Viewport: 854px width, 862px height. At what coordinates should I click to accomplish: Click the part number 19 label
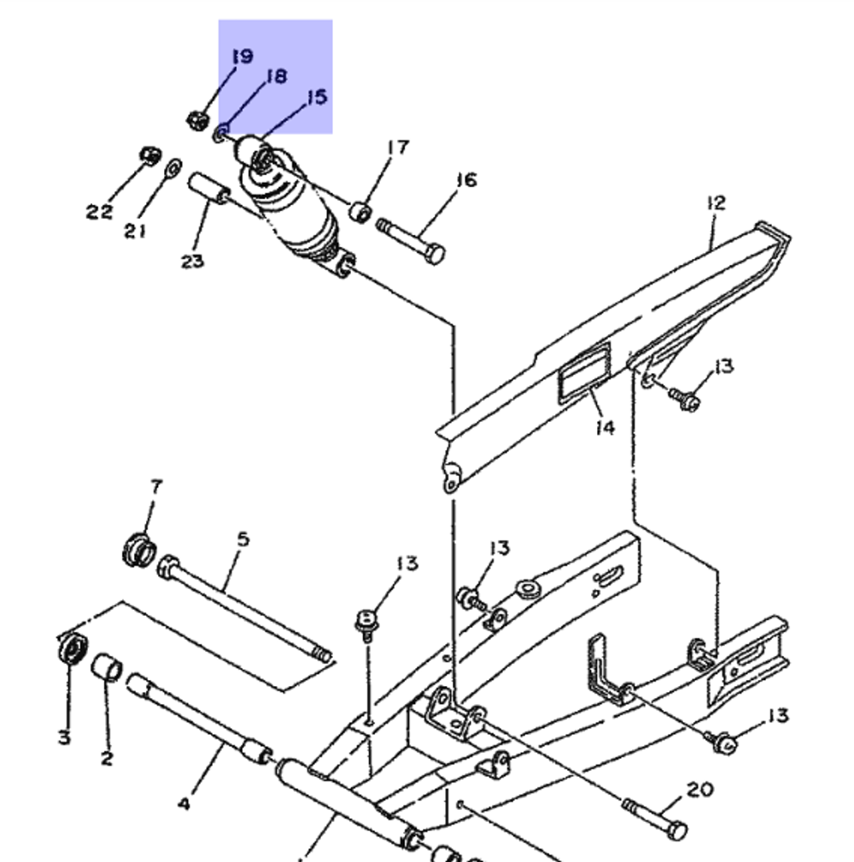tap(243, 56)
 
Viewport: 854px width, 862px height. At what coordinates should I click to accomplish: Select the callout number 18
tap(277, 76)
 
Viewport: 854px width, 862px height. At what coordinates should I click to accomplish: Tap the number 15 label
tap(317, 97)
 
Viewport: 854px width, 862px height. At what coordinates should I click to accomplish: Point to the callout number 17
tap(399, 147)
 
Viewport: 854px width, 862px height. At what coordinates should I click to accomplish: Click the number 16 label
tap(466, 179)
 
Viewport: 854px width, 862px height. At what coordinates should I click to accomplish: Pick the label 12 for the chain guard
tap(716, 202)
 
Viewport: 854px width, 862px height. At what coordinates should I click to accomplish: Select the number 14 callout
tap(605, 427)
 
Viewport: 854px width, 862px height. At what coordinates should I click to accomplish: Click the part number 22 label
tap(99, 211)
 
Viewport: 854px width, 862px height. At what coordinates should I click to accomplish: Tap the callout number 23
tap(192, 261)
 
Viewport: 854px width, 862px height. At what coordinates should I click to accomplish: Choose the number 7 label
tap(156, 487)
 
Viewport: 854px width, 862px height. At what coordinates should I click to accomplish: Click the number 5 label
tap(243, 539)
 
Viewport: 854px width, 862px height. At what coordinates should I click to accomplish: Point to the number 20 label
tap(700, 789)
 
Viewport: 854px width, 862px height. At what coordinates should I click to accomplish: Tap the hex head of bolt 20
tap(679, 830)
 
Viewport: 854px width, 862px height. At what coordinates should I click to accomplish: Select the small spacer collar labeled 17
tap(360, 212)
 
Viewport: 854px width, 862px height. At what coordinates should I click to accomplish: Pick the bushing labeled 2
tap(107, 667)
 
